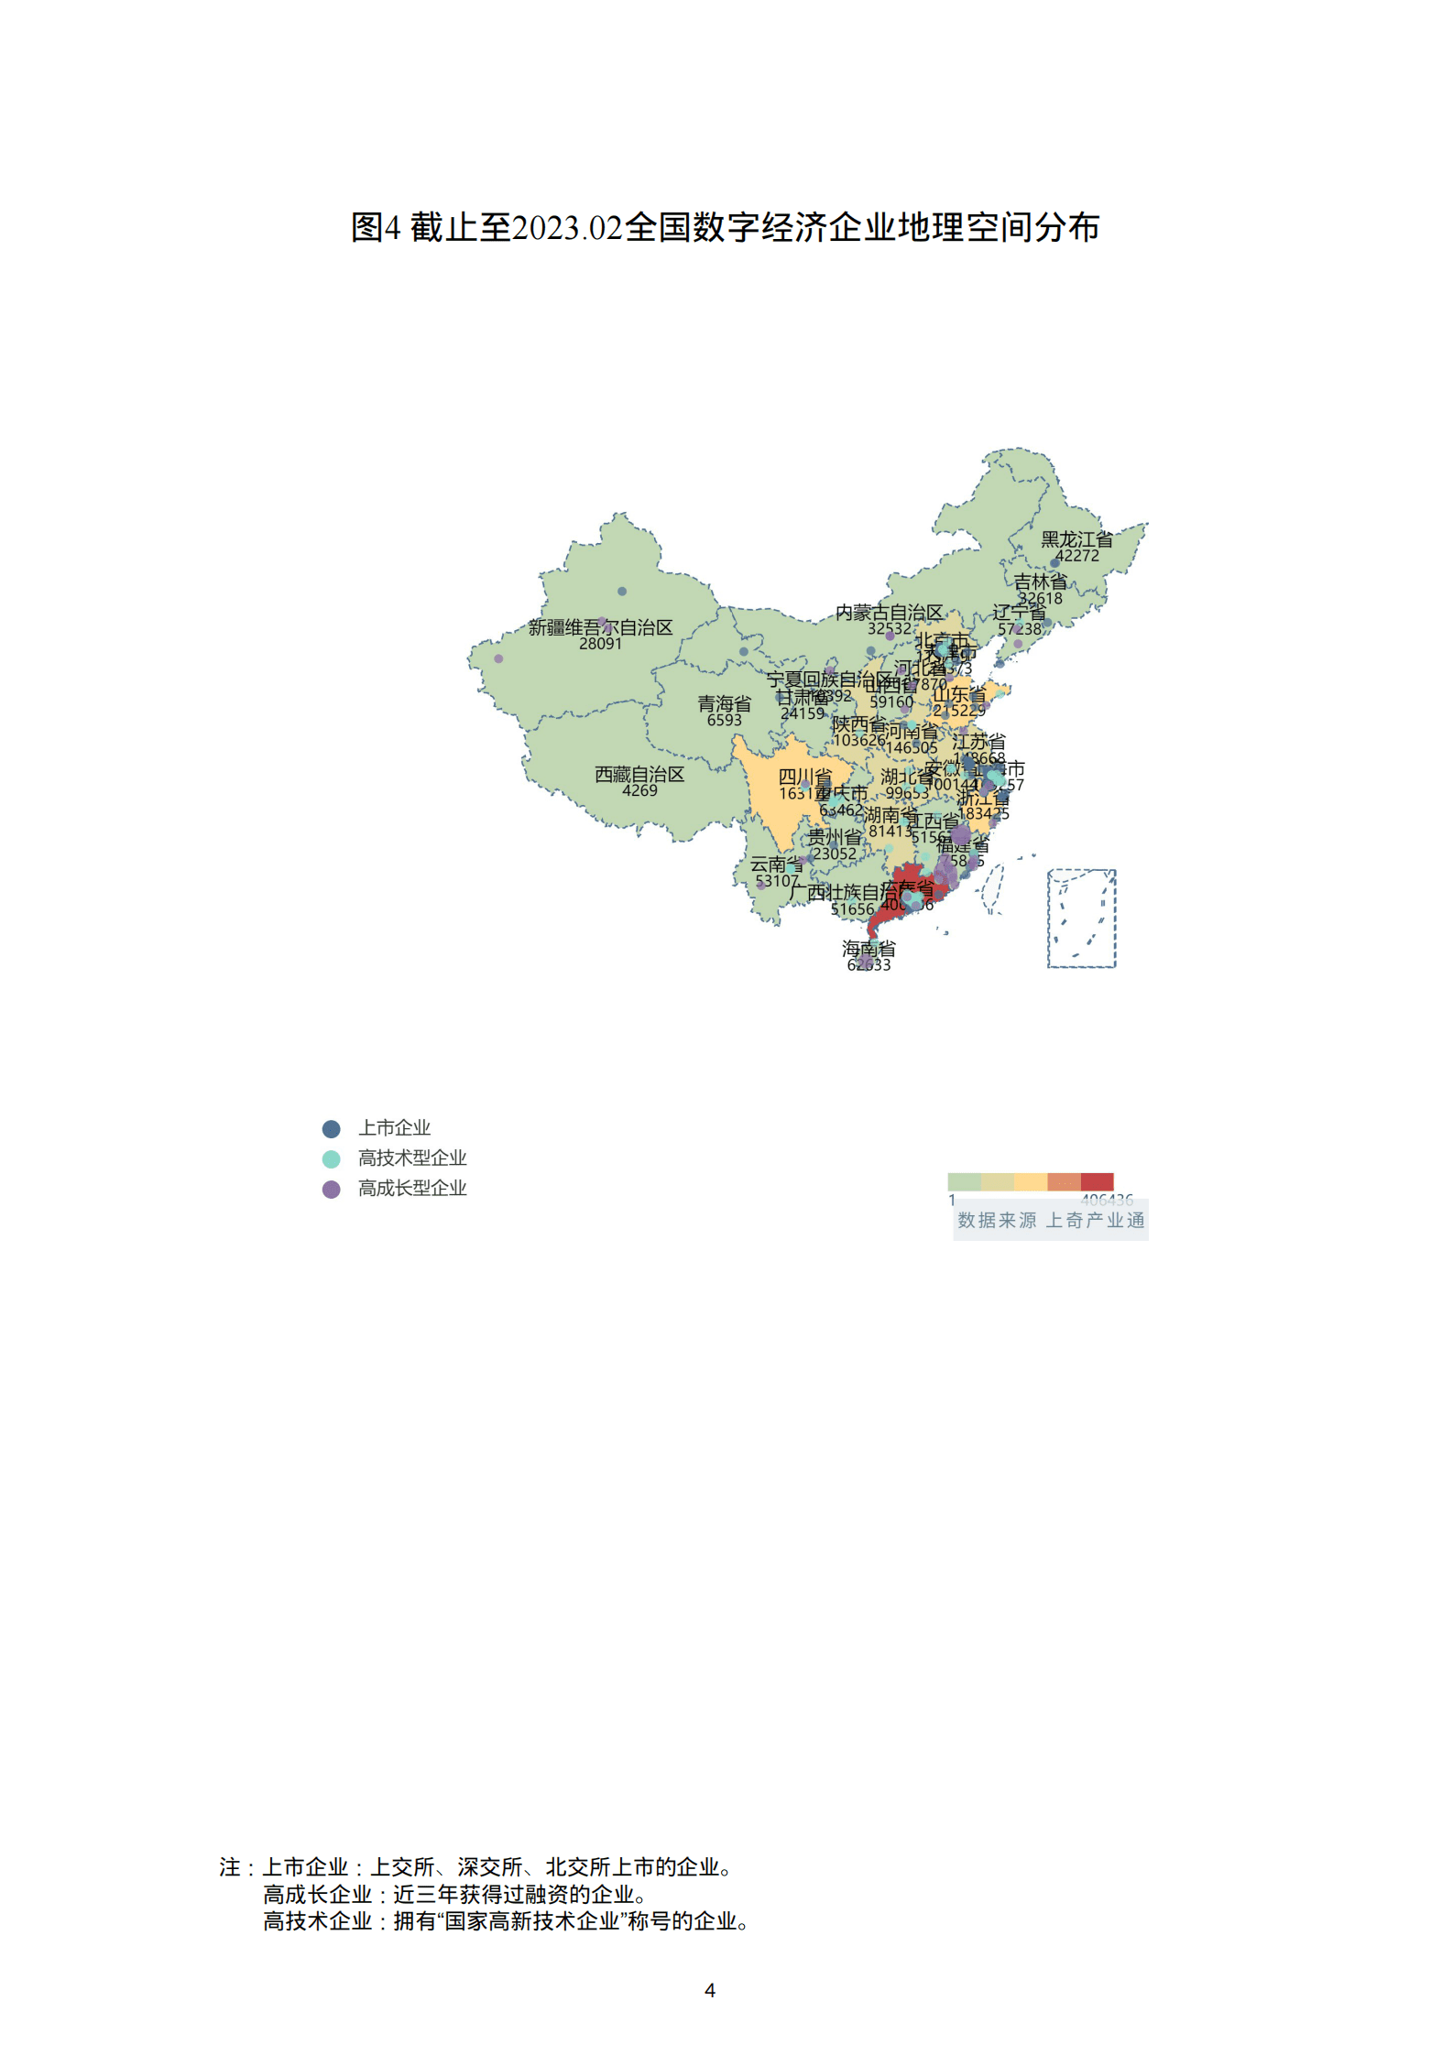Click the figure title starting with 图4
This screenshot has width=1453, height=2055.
coord(725,227)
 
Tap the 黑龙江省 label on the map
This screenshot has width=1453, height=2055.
coord(1076,539)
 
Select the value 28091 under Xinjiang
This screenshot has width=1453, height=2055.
coord(600,644)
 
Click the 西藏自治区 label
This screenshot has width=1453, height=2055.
coord(639,775)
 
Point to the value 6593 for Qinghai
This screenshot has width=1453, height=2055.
coord(724,720)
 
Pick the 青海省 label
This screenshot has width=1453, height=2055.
coord(724,703)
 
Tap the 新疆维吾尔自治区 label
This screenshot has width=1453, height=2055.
coord(600,627)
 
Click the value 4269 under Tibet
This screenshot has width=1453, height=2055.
coord(639,790)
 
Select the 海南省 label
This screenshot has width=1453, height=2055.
coord(869,948)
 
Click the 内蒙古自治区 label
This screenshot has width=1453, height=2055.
coord(889,612)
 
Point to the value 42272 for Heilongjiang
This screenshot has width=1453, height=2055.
coord(1076,556)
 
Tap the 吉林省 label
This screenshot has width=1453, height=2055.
coord(1040,582)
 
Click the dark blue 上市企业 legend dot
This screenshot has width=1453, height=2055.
coord(332,1129)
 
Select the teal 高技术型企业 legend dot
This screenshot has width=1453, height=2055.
coord(332,1158)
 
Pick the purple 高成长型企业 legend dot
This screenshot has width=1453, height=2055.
coord(332,1189)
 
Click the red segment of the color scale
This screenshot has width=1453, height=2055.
coord(1097,1181)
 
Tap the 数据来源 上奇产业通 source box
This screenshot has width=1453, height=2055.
coord(1051,1221)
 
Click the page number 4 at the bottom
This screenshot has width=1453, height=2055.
coord(710,1990)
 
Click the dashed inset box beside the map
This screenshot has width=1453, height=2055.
coord(1081,918)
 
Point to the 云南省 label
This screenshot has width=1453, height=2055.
coord(776,864)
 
